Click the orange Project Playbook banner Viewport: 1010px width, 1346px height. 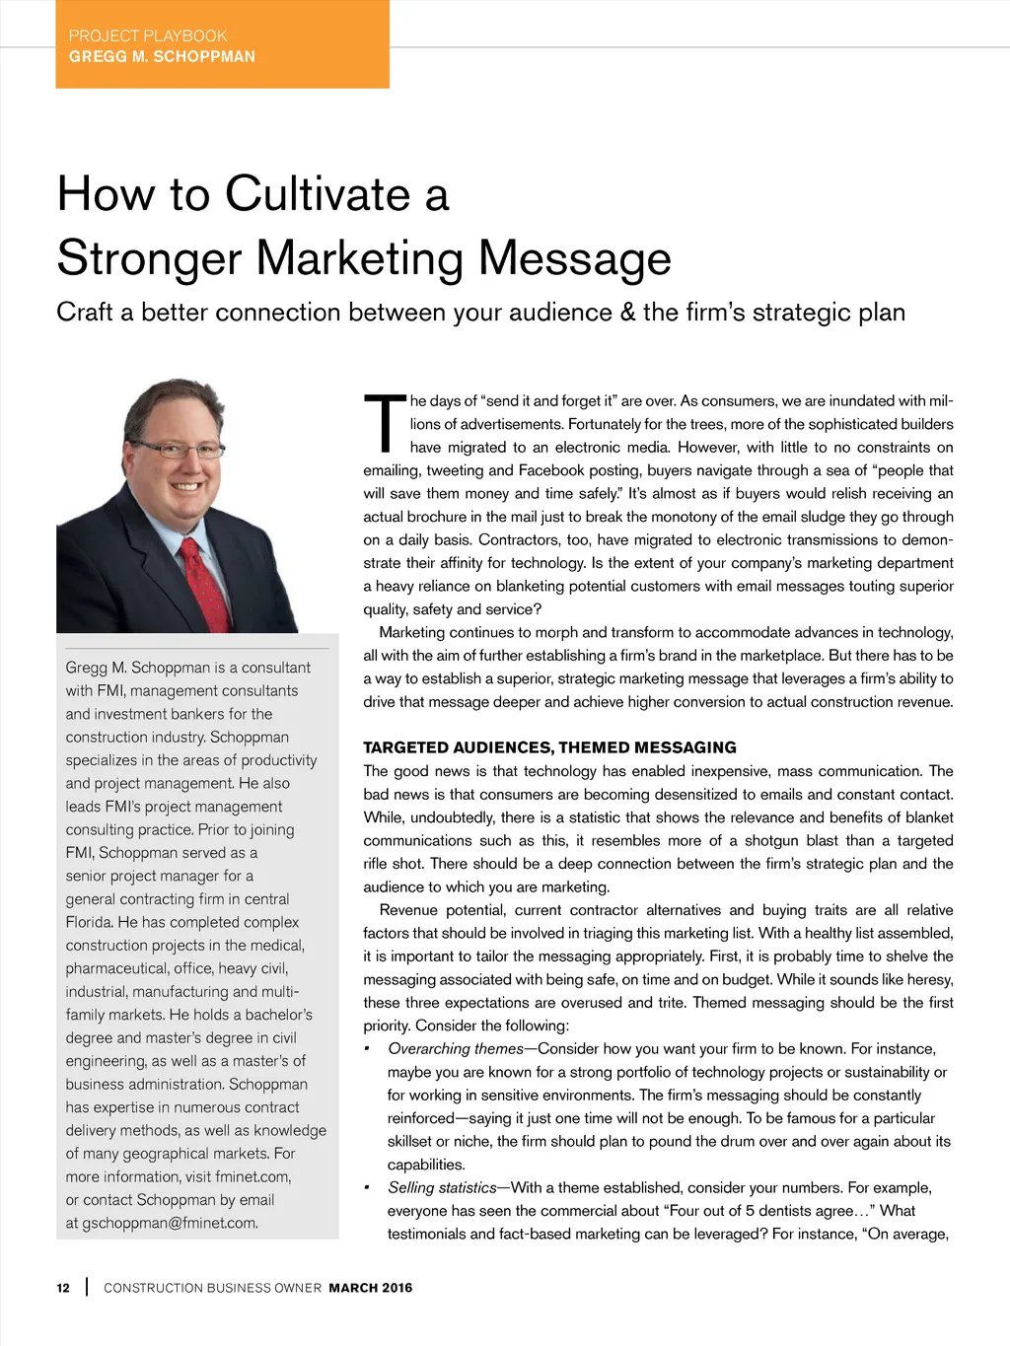tap(222, 44)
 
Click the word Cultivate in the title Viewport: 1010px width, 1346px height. tap(318, 193)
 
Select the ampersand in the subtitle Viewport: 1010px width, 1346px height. tap(628, 313)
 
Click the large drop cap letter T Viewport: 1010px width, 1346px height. tap(384, 423)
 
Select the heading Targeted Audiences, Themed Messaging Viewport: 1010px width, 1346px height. tap(549, 747)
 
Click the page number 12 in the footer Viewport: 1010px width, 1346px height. tap(63, 1288)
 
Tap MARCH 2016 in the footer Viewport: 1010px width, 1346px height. tap(371, 1288)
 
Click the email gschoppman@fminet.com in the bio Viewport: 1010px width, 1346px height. tap(170, 1223)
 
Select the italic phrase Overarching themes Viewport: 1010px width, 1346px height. tap(456, 1048)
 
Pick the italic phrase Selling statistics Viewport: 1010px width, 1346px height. tap(442, 1187)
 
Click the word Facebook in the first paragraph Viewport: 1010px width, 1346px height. tap(551, 470)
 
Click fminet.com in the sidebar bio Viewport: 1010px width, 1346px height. tap(253, 1176)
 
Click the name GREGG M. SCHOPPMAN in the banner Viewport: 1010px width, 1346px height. tap(162, 56)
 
